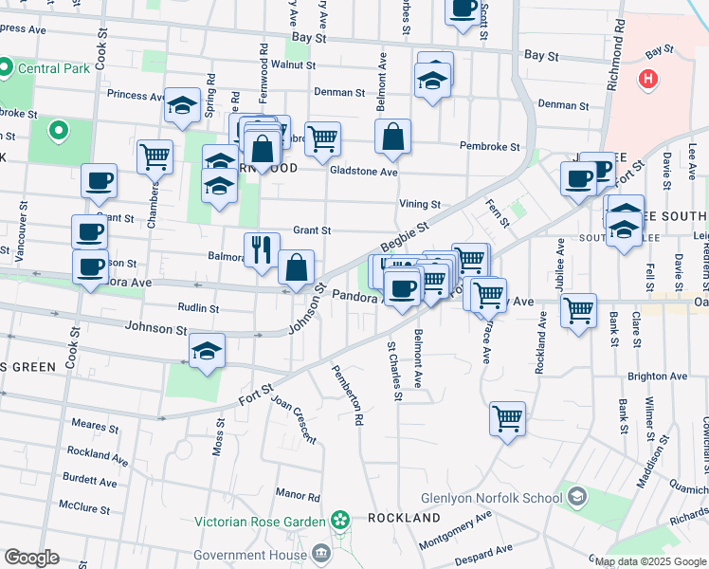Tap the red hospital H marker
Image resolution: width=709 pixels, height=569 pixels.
648,80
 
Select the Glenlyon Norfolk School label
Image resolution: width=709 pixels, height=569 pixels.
486,497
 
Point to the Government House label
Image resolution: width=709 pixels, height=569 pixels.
249,555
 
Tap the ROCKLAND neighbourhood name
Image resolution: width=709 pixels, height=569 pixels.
404,519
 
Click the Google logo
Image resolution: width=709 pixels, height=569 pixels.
31,558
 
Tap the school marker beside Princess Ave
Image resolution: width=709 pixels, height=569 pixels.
181,106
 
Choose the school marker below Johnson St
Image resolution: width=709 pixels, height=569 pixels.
207,352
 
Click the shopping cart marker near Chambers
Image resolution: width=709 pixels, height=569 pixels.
155,156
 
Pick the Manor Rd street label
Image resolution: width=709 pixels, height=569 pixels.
299,495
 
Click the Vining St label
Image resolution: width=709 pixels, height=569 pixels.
420,204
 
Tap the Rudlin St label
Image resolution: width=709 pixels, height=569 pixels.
198,308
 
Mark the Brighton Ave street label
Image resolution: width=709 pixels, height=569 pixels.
657,376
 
